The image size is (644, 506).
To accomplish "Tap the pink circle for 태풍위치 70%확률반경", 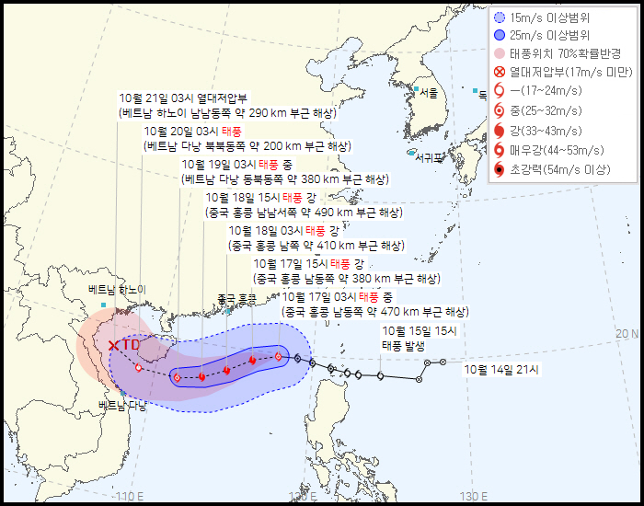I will pyautogui.click(x=499, y=53).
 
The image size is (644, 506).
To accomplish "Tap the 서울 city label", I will pyautogui.click(x=428, y=93).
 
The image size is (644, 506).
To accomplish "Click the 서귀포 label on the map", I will pyautogui.click(x=429, y=157).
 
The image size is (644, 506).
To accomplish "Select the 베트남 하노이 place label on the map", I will pyautogui.click(x=117, y=290).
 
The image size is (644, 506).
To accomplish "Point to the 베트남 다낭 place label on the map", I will pyautogui.click(x=122, y=406).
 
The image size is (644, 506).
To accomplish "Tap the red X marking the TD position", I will pyautogui.click(x=113, y=346).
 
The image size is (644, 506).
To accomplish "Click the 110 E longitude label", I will pyautogui.click(x=130, y=497).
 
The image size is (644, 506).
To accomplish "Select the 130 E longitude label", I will pyautogui.click(x=474, y=497).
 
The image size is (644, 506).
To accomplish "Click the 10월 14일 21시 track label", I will pyautogui.click(x=502, y=369).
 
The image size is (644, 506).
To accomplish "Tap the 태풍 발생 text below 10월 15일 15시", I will pyautogui.click(x=404, y=346).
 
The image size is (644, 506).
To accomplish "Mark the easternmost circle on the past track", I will pyautogui.click(x=443, y=362).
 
